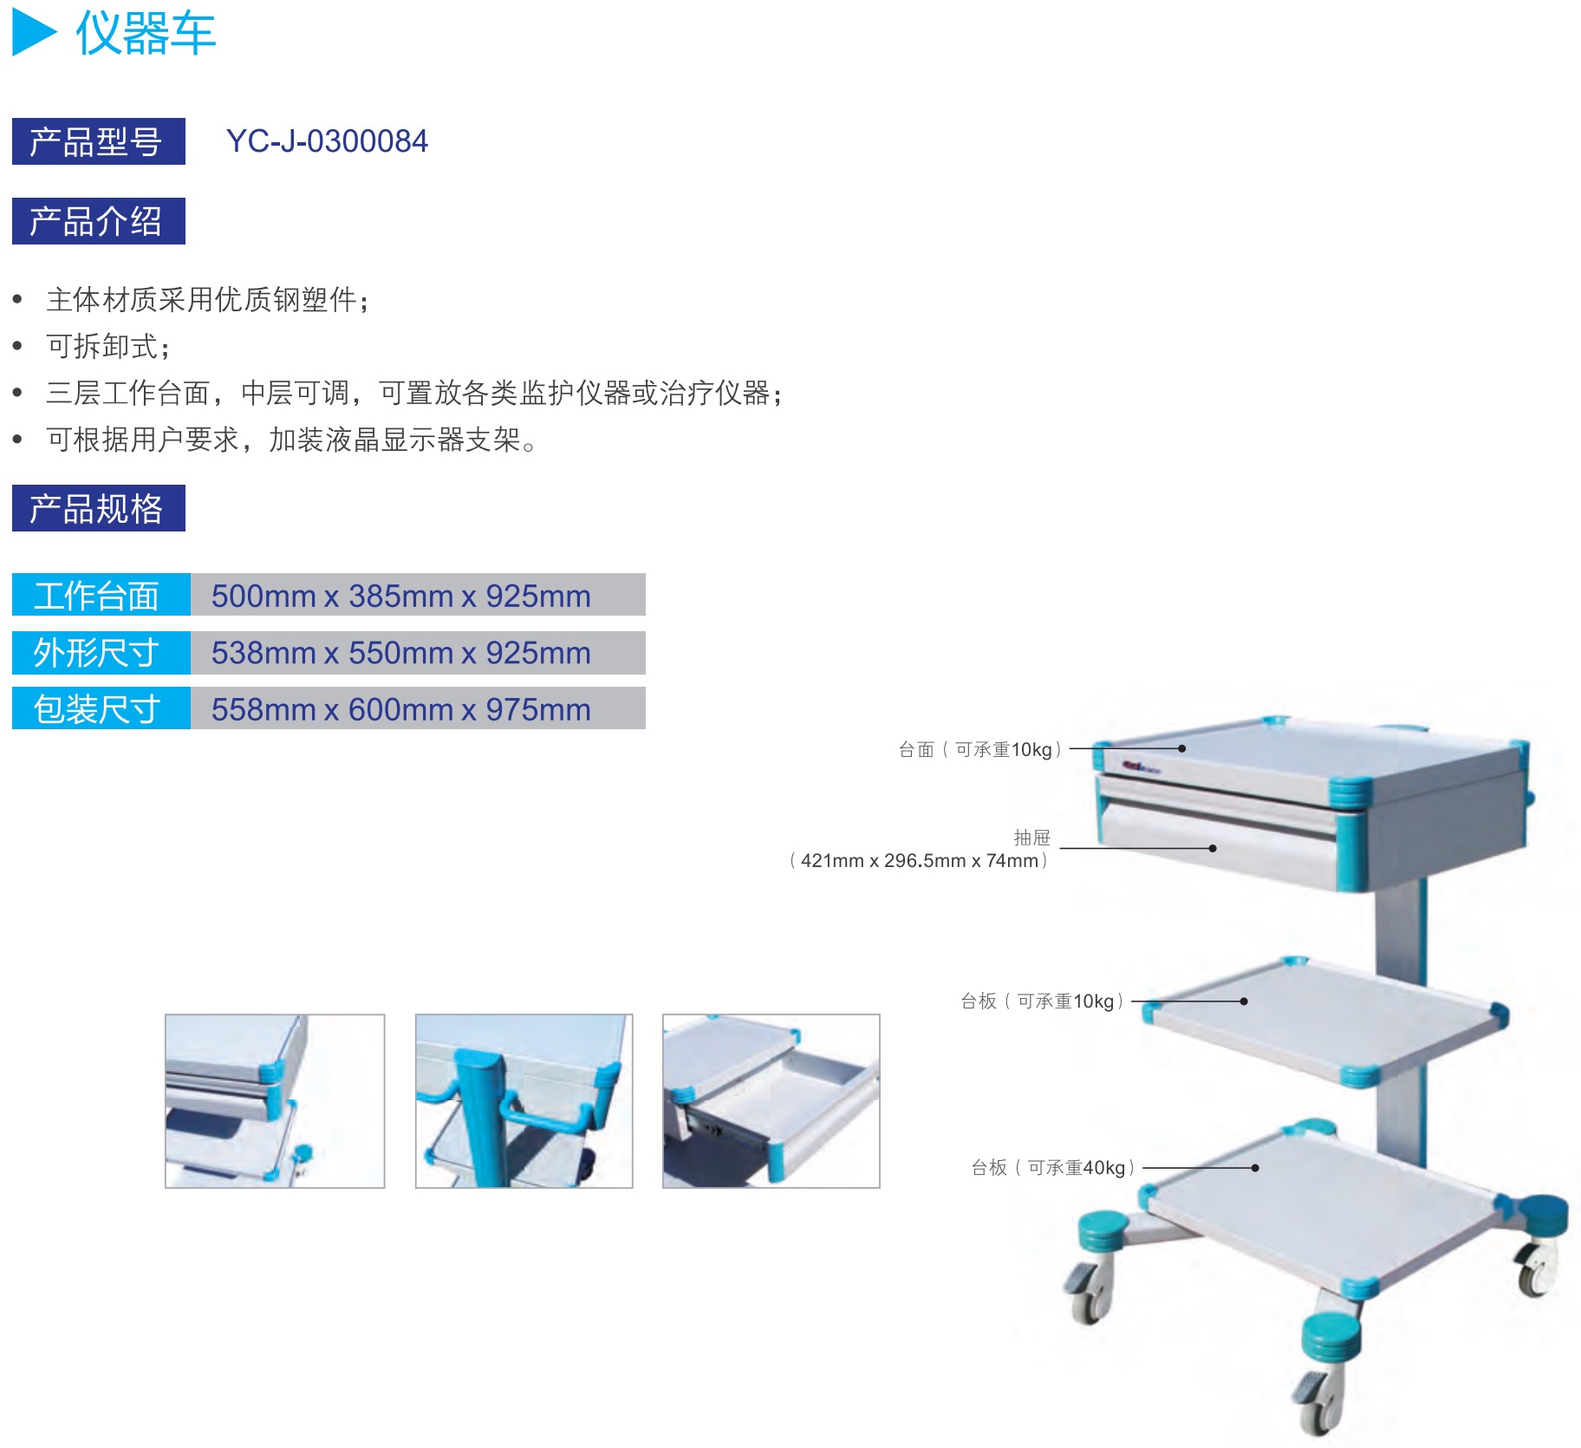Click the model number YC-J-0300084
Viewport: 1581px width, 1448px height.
tap(327, 141)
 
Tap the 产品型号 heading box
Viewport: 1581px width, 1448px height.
tap(98, 141)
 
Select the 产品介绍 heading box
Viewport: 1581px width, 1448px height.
tap(98, 221)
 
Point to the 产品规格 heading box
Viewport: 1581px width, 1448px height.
tap(98, 508)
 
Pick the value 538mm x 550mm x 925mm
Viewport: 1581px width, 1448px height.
tap(400, 653)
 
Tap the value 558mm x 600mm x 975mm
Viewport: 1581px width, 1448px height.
tap(400, 709)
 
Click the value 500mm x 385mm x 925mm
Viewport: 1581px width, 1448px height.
tap(400, 596)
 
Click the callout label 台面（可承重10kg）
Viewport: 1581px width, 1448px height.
tap(979, 749)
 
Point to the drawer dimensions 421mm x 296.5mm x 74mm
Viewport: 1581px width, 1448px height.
tap(919, 860)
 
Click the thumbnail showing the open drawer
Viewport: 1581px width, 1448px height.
tap(771, 1100)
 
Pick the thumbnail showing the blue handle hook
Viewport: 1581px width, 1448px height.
tap(524, 1100)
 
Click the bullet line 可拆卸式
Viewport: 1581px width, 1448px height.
tap(107, 346)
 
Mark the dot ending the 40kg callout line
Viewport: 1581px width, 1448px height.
tap(1255, 1168)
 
